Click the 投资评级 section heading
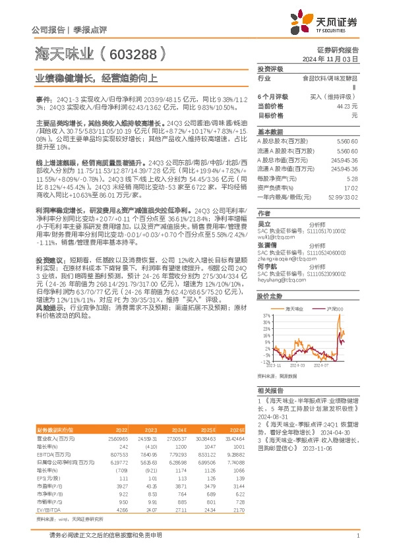click(x=270, y=69)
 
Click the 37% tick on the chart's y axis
click(x=266, y=316)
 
